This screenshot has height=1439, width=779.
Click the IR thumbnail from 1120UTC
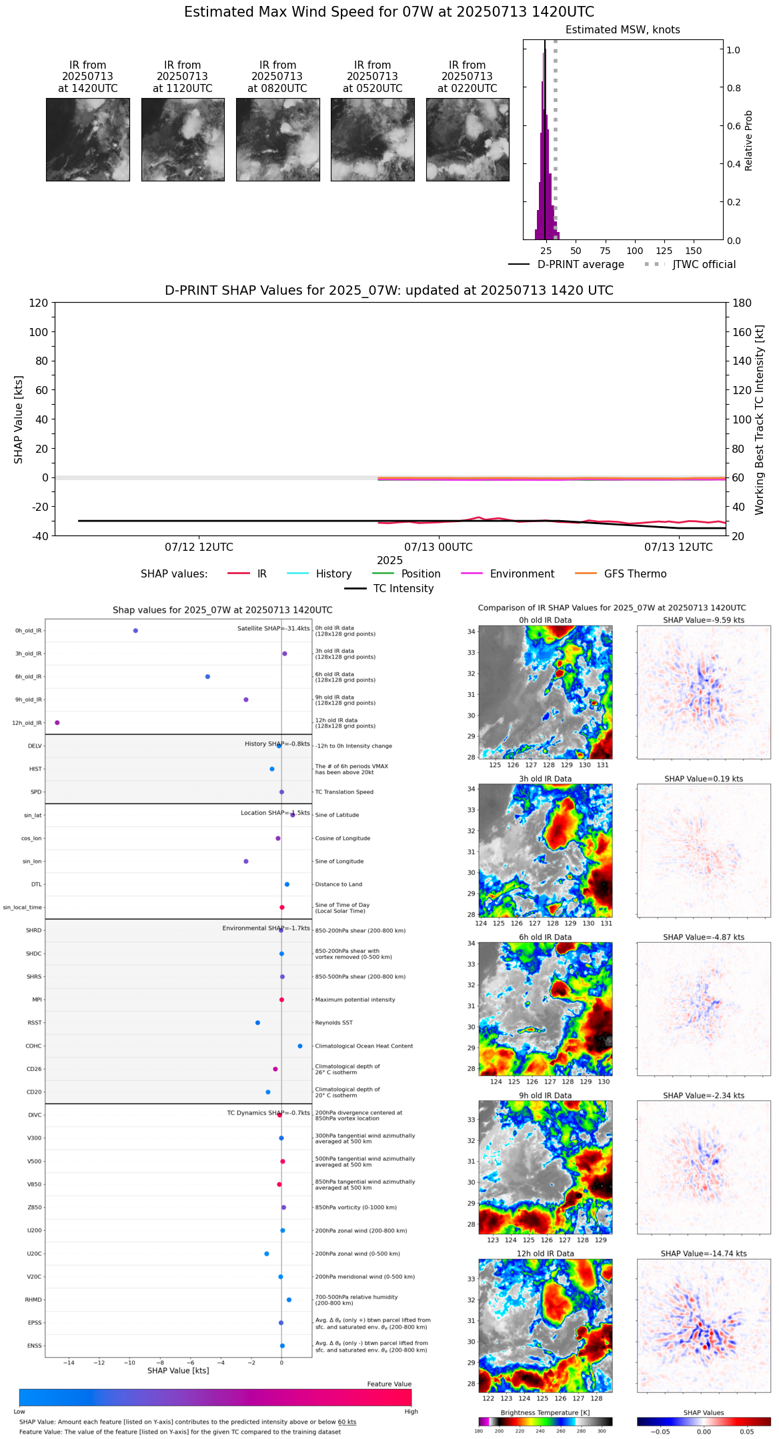[183, 139]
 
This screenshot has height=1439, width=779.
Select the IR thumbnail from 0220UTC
[468, 139]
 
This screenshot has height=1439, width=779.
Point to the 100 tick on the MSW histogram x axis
[635, 251]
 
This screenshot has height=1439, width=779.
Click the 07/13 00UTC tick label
[438, 547]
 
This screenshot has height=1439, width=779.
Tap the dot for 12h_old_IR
[57, 723]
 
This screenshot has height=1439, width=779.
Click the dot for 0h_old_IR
[135, 631]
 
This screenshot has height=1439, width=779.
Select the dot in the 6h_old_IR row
[207, 677]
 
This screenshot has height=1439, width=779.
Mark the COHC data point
[300, 1046]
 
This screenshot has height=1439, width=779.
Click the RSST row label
[35, 1023]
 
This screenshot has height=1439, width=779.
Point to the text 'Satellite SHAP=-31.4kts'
[273, 629]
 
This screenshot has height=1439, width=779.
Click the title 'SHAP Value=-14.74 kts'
[704, 1254]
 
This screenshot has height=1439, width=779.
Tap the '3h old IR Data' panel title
[545, 779]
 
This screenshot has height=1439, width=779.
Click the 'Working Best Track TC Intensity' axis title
[760, 420]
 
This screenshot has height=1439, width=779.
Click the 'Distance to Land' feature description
[338, 885]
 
